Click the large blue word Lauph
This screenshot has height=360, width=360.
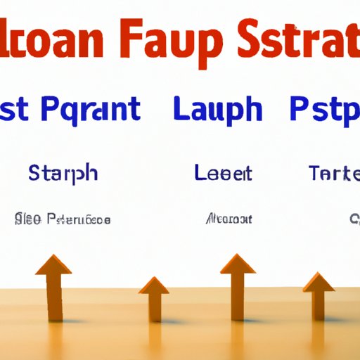[x=218, y=112]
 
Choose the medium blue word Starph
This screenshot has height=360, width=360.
[x=64, y=173]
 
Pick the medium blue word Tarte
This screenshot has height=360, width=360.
[x=335, y=172]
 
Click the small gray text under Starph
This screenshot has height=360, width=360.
[x=63, y=220]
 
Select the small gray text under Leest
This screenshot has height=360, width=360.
[x=229, y=220]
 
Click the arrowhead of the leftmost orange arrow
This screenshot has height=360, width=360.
[x=53, y=265]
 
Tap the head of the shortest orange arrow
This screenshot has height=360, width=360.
[x=153, y=285]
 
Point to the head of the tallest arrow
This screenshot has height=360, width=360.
[x=237, y=265]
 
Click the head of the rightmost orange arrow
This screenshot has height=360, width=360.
[x=319, y=281]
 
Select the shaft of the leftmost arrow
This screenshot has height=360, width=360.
[x=54, y=295]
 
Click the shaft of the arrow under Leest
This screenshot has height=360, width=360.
[x=237, y=295]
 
